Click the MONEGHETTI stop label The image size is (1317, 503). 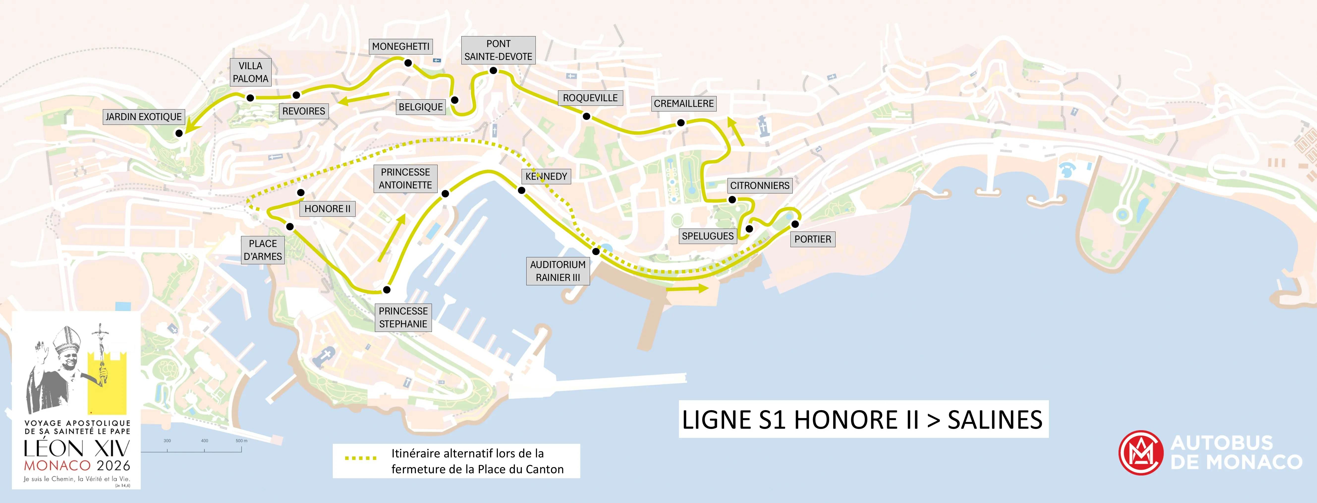[x=401, y=47]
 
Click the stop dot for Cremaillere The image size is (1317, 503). [x=681, y=123]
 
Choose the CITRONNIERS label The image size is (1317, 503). [x=760, y=185]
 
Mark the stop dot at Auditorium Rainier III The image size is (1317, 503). [x=596, y=252]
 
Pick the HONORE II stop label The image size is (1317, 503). [x=327, y=209]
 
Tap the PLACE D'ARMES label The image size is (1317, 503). [x=263, y=250]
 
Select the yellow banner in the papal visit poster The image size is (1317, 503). [x=107, y=383]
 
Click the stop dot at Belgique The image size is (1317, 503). [x=454, y=100]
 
